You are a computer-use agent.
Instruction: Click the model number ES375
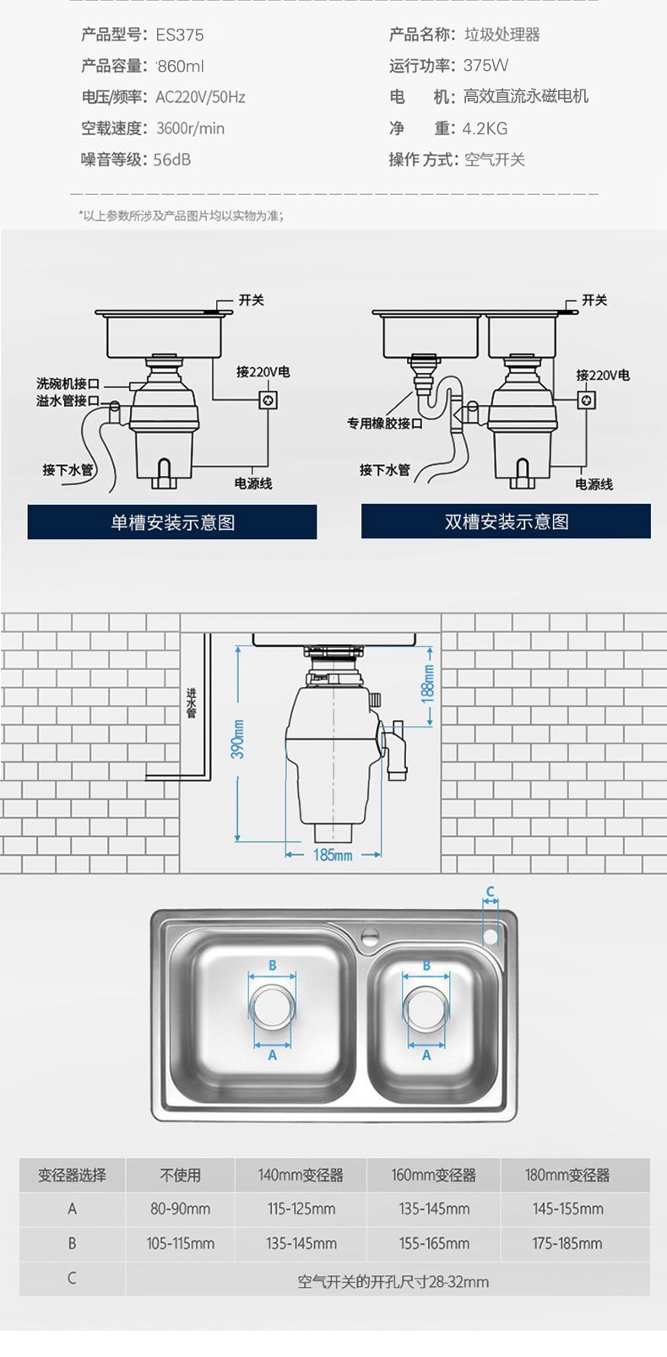point(180,35)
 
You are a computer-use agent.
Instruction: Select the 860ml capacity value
point(181,66)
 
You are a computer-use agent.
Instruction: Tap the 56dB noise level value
point(172,159)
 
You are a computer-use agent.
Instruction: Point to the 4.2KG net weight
point(485,128)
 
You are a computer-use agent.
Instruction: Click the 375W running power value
point(486,66)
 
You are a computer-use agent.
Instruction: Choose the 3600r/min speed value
point(191,128)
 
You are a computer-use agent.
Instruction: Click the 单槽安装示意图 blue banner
point(172,522)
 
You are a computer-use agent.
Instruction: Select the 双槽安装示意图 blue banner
point(507,521)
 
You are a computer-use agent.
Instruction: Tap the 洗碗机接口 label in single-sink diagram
point(68,383)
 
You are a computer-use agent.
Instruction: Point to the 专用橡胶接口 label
point(385,423)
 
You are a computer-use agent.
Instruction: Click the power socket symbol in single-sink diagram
point(268,400)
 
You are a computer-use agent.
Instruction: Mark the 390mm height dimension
point(238,739)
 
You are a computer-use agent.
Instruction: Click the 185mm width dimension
point(333,855)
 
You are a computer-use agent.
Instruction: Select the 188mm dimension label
point(428,684)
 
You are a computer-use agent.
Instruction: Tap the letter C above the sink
point(491,891)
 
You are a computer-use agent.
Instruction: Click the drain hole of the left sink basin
point(272,1006)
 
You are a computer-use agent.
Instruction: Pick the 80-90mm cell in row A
point(180,1209)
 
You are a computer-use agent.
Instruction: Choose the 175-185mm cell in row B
point(567,1244)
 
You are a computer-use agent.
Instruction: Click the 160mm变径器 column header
point(434,1176)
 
